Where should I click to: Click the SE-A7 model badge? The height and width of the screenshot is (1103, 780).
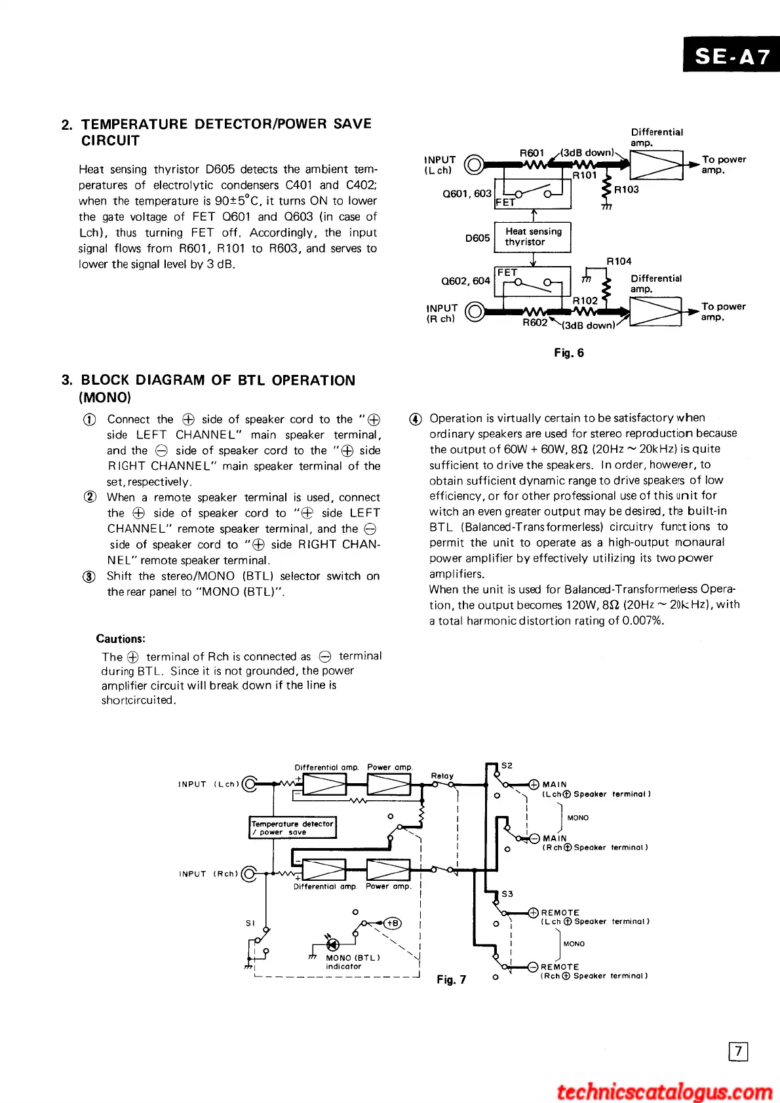(732, 56)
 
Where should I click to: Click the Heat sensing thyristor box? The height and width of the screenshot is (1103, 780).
(533, 237)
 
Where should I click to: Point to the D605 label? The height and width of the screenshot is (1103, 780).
(477, 238)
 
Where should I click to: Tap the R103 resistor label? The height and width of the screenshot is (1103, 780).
(626, 189)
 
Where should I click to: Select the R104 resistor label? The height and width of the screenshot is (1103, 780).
(619, 261)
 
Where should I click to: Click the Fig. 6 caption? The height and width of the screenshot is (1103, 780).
(568, 353)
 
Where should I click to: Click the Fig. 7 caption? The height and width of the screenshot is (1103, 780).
(451, 979)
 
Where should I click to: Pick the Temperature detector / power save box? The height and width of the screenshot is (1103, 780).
(292, 828)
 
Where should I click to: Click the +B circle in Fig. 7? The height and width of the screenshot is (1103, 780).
(393, 923)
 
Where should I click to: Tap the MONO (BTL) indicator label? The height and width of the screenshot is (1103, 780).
(353, 961)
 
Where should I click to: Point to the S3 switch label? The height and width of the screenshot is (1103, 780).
(507, 893)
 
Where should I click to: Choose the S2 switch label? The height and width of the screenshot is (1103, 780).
(507, 765)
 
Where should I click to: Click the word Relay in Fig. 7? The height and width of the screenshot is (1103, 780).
(442, 775)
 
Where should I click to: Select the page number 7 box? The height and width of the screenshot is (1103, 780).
(738, 1051)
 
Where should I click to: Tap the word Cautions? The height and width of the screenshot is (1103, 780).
(121, 638)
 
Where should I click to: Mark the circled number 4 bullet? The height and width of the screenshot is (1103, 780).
(415, 419)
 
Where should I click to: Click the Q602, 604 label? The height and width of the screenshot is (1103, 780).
(465, 281)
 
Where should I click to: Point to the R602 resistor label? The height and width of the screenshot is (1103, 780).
(535, 322)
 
